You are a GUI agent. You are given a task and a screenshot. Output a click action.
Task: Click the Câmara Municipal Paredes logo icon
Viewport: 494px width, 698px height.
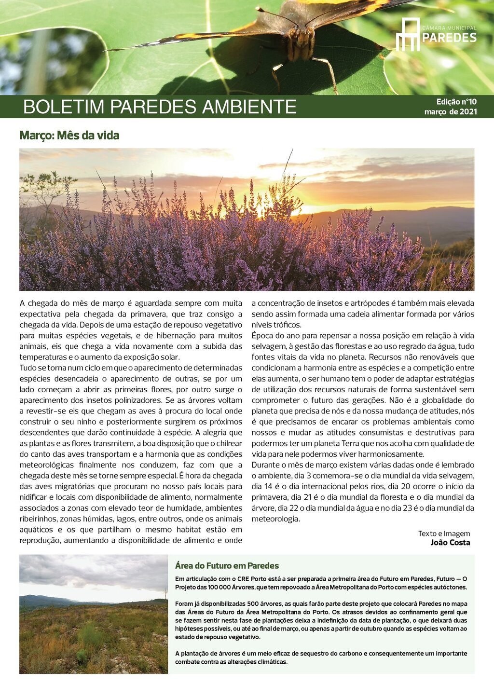[x=408, y=34]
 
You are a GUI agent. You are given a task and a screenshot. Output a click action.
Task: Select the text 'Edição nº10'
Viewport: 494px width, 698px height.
[x=456, y=102]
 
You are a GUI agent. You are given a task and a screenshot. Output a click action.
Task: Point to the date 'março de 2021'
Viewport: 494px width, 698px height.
[x=451, y=112]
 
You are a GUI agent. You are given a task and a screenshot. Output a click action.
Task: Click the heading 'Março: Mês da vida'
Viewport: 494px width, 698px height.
[x=69, y=136]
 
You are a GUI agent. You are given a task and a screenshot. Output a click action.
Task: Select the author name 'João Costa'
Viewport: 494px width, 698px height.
[x=450, y=543]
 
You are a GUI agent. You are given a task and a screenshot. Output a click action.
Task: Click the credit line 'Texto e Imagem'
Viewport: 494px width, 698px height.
[x=444, y=534]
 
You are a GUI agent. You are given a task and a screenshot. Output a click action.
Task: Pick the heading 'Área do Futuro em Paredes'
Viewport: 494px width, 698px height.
[x=227, y=566]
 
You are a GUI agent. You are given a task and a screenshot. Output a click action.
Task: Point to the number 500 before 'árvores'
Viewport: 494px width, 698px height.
[x=253, y=604]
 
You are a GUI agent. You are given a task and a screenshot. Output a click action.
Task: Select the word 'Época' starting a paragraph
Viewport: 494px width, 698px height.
[x=262, y=336]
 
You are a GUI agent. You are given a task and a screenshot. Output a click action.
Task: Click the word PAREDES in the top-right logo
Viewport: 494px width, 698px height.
[x=449, y=38]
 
